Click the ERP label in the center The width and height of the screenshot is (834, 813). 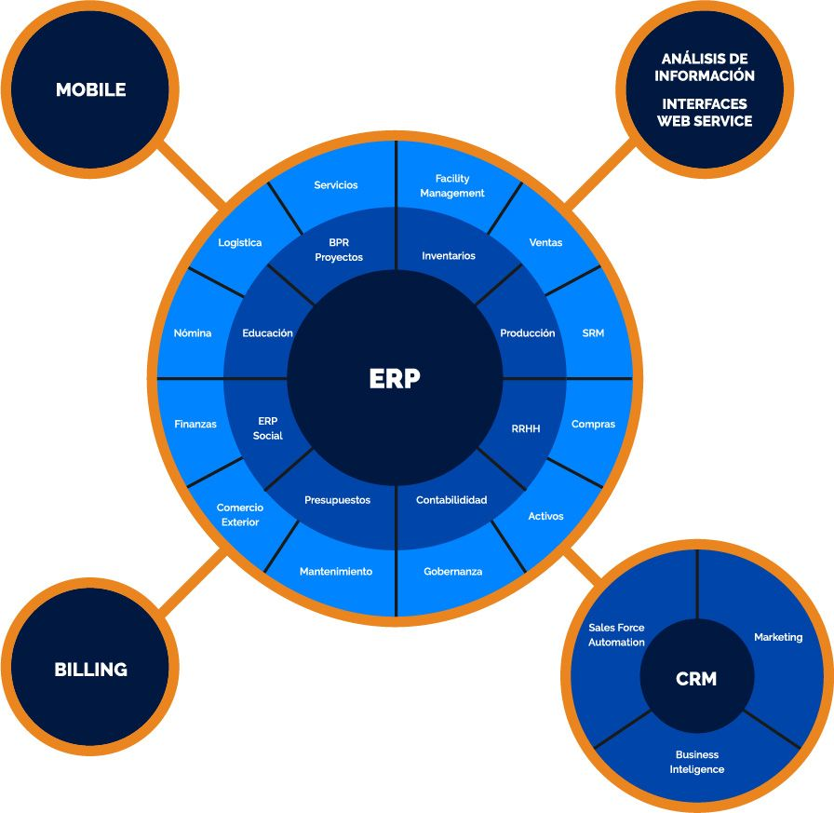395,379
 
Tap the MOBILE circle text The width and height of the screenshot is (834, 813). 90,90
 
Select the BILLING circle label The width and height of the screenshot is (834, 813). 90,670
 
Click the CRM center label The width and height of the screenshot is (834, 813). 696,679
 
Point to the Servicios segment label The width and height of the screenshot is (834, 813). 335,185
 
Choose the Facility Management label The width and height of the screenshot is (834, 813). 452,186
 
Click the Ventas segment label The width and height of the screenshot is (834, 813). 545,243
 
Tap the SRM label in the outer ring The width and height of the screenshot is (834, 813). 593,333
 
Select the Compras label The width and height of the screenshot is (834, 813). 593,425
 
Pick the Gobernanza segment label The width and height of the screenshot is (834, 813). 452,572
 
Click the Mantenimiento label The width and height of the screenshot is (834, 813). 335,572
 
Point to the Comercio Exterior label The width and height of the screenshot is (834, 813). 240,515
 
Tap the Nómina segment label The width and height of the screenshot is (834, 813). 193,333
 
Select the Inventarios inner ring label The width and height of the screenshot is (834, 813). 448,256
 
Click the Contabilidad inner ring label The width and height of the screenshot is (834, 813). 451,500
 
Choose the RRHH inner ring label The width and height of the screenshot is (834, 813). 526,429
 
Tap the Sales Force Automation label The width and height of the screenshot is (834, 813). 616,635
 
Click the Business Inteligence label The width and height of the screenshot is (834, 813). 696,762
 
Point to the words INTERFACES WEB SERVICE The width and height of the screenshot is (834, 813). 705,113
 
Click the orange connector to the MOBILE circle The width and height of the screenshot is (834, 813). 194,174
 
